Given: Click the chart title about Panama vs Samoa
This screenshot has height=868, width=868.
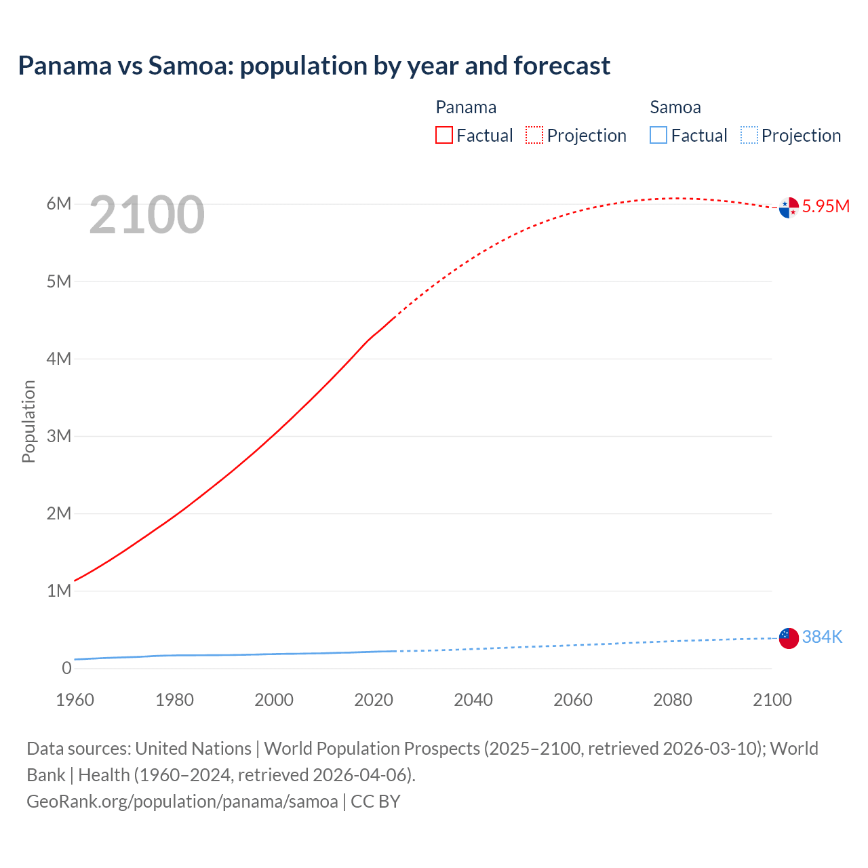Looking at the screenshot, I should (x=314, y=66).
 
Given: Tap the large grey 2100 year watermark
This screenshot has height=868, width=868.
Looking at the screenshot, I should (x=146, y=215).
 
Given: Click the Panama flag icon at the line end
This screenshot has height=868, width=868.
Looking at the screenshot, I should (x=789, y=208).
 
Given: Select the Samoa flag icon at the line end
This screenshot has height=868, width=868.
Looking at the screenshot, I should (x=789, y=637).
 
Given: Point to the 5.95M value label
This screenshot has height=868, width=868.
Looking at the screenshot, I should (x=825, y=207).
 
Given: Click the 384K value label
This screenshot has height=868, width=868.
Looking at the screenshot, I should (x=822, y=637).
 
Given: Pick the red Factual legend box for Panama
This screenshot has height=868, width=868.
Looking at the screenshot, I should (x=444, y=136).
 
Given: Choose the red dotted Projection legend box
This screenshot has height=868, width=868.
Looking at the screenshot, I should (x=534, y=136).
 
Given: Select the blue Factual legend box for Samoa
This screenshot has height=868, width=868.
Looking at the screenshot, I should (x=658, y=136).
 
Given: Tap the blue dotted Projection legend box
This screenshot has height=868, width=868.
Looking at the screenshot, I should (x=749, y=136).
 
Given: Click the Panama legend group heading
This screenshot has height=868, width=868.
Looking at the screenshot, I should (x=466, y=107).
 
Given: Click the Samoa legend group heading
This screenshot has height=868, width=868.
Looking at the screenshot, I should (x=675, y=107).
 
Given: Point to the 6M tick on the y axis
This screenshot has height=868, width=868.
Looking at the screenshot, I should (x=59, y=204).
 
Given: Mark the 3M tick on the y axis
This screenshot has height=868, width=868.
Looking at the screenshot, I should (x=59, y=436).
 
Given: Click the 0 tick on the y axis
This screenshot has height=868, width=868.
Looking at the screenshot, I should (x=66, y=668).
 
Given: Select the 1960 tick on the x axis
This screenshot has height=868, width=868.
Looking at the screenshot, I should (x=75, y=700).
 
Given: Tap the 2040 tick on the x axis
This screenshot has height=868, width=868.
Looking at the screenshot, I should (x=473, y=700).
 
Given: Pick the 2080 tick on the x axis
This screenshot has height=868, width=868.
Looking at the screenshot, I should (x=673, y=700).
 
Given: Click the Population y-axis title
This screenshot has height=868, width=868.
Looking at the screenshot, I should (x=28, y=421).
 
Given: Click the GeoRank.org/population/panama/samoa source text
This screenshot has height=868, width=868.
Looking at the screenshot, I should (x=182, y=802).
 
